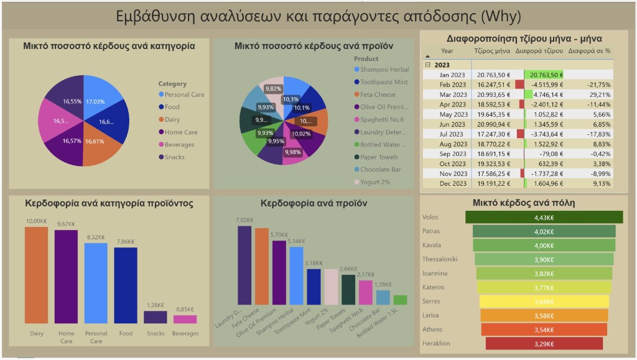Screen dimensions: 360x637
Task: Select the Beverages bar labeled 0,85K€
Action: [185, 319]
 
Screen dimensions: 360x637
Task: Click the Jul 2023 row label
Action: [452, 134]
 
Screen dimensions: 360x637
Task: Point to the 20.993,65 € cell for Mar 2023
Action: [493, 94]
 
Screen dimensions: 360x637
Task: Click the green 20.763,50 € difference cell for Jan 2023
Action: [544, 74]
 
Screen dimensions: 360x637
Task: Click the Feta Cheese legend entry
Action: [377, 95]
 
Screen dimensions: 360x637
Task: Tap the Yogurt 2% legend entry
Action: [374, 182]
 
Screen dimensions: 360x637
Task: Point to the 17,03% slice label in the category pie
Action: [95, 101]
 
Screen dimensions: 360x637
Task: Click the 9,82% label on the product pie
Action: [273, 89]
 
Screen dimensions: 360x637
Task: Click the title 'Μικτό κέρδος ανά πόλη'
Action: [523, 202]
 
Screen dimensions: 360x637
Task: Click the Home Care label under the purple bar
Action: [67, 337]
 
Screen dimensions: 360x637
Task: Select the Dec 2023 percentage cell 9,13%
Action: [598, 183]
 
